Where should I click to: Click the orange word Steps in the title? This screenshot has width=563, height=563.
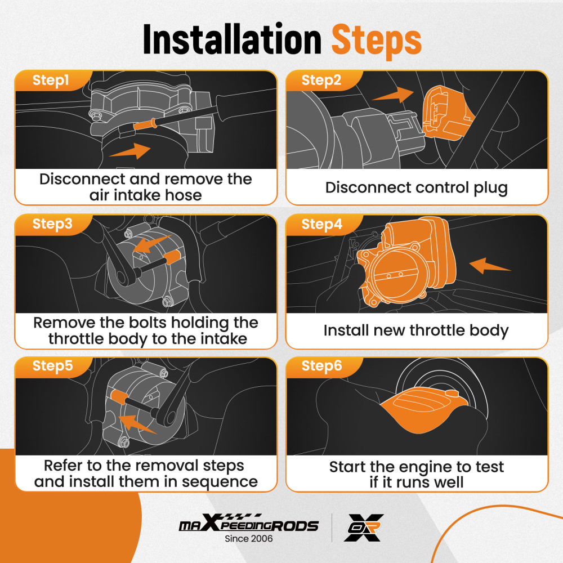pyautogui.click(x=376, y=41)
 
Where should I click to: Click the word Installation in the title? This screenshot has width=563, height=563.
pyautogui.click(x=232, y=39)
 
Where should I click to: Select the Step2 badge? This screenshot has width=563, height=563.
pyautogui.click(x=321, y=80)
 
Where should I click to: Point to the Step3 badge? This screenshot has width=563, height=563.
pyautogui.click(x=52, y=224)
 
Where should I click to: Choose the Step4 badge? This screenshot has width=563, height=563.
pyautogui.click(x=321, y=225)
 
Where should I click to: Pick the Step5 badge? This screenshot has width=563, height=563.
pyautogui.click(x=52, y=366)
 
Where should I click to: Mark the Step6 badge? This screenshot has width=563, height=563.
pyautogui.click(x=321, y=366)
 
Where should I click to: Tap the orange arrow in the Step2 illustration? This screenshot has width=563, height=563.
pyautogui.click(x=393, y=95)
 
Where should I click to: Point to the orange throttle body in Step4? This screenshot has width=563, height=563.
pyautogui.click(x=406, y=264)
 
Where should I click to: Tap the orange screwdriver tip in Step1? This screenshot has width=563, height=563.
pyautogui.click(x=145, y=124)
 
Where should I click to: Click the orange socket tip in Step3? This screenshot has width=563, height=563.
pyautogui.click(x=172, y=257)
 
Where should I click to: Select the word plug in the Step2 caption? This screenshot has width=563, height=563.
pyautogui.click(x=490, y=188)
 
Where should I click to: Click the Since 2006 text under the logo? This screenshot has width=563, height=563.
pyautogui.click(x=248, y=539)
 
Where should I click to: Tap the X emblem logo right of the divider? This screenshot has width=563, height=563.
pyautogui.click(x=364, y=528)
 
